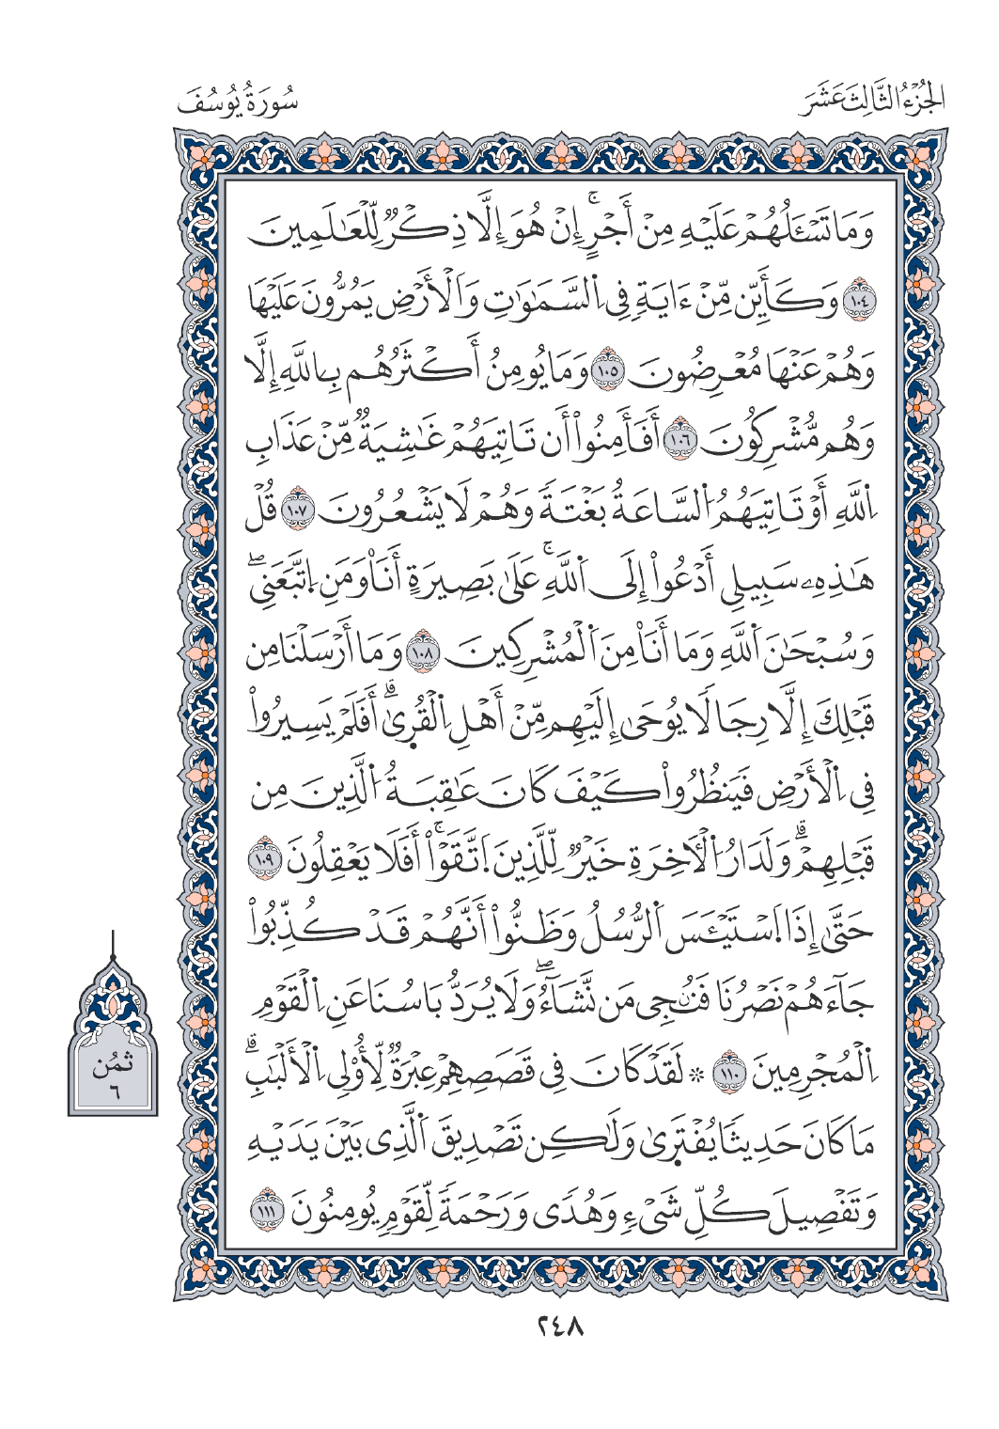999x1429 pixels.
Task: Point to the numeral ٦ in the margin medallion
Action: (113, 1091)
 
